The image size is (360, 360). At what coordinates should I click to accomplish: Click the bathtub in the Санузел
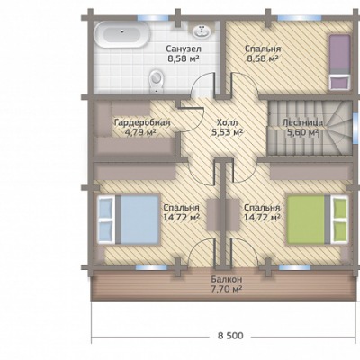[x=121, y=34]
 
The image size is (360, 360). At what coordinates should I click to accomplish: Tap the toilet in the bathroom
[x=156, y=81]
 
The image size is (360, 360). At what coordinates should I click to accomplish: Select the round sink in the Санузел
[x=202, y=31]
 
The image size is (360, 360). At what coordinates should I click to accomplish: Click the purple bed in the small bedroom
[x=339, y=62]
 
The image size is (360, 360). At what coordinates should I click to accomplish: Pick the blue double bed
[x=128, y=220]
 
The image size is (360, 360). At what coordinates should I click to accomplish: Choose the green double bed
[x=318, y=220]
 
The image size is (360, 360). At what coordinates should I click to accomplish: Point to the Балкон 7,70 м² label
[x=227, y=284]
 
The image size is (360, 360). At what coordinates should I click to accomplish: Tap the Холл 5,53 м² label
[x=227, y=128]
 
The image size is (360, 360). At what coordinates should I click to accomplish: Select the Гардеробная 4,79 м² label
[x=142, y=128]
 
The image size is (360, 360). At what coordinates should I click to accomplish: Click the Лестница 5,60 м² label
[x=302, y=128]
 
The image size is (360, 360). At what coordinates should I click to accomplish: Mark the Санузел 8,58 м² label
[x=184, y=53]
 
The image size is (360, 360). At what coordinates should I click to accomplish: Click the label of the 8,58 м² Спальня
[x=263, y=53]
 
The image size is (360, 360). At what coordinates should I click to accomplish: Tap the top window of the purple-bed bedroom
[x=290, y=18]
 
